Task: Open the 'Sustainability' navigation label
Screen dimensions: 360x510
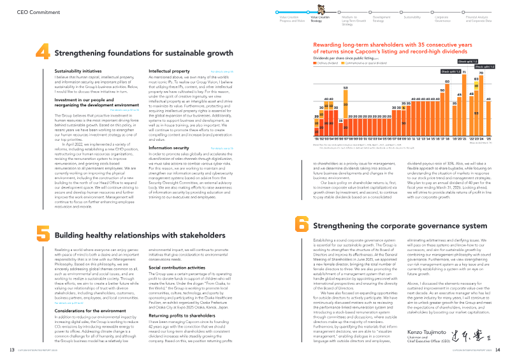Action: [x=412, y=17]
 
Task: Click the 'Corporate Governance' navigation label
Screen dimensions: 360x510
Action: [x=442, y=19]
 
